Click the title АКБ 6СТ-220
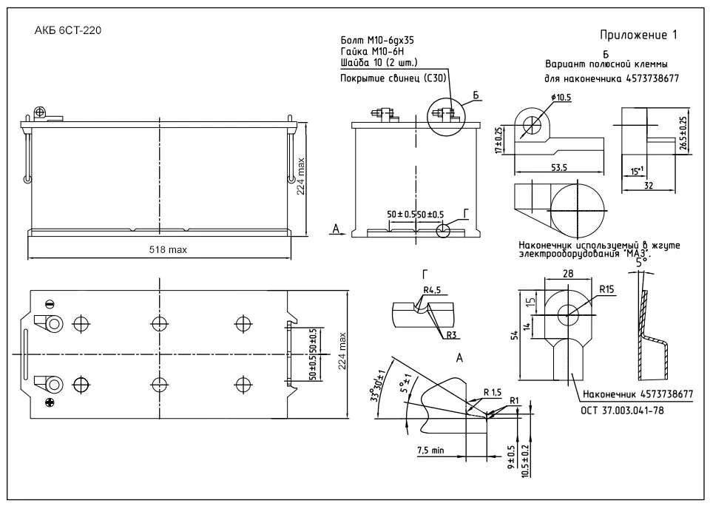(68, 31)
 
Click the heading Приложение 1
(638, 35)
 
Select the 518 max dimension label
(168, 250)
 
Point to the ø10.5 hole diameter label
(561, 98)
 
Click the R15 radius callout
(607, 289)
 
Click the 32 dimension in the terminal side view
(649, 186)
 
